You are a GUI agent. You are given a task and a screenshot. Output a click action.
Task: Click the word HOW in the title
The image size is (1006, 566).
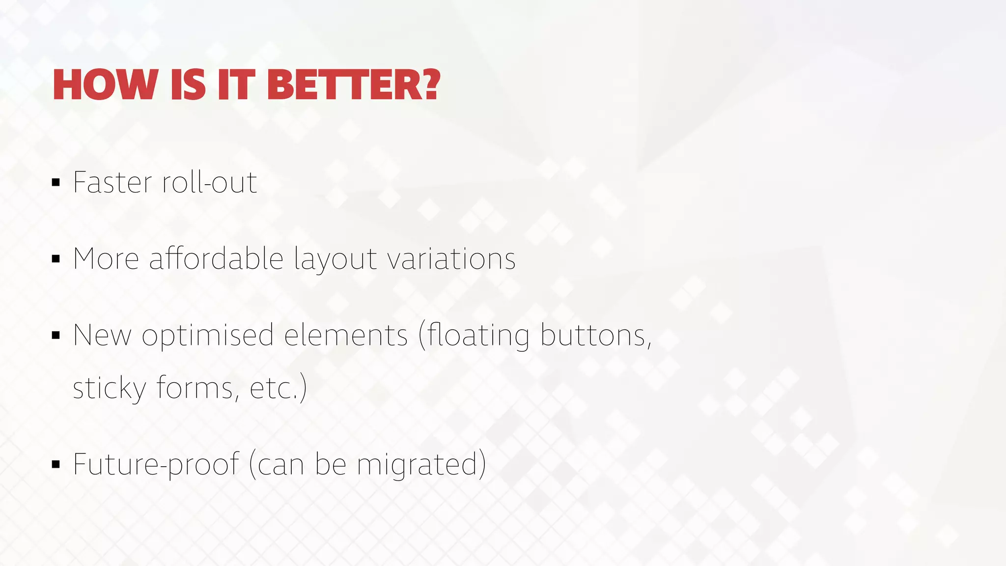pos(105,85)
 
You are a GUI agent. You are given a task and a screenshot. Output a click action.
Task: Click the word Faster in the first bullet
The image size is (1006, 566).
pos(113,182)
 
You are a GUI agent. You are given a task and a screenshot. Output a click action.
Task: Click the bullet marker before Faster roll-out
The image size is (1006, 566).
pos(56,183)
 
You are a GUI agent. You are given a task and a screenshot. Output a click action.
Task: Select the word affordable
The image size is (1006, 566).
pos(216,258)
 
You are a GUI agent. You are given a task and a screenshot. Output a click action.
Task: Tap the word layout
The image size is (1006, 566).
pos(335,259)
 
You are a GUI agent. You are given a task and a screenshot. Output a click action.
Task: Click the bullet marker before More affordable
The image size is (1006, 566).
pos(56,259)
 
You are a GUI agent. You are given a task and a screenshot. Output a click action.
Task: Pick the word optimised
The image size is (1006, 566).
pos(207,336)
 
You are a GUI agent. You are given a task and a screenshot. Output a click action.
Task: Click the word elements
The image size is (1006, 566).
pos(346,335)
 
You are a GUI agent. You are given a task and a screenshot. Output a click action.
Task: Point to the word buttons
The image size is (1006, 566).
pos(596,335)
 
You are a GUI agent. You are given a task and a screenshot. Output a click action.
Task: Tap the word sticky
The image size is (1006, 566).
pos(110,388)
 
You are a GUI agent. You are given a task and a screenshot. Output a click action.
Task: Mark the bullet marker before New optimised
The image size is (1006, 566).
pos(56,336)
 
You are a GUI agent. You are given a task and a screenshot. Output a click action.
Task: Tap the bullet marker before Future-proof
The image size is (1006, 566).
pos(56,464)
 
